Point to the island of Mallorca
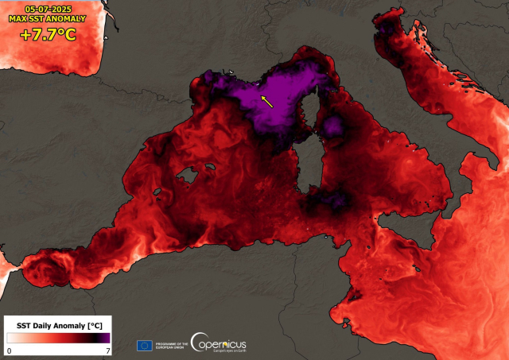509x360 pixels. (188, 174)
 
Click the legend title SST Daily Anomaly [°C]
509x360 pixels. (56, 326)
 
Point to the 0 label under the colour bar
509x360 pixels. (10, 350)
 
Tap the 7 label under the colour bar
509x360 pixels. (107, 350)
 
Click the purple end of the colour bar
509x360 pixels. (105, 339)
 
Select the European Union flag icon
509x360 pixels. (145, 345)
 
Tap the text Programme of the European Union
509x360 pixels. (172, 345)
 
